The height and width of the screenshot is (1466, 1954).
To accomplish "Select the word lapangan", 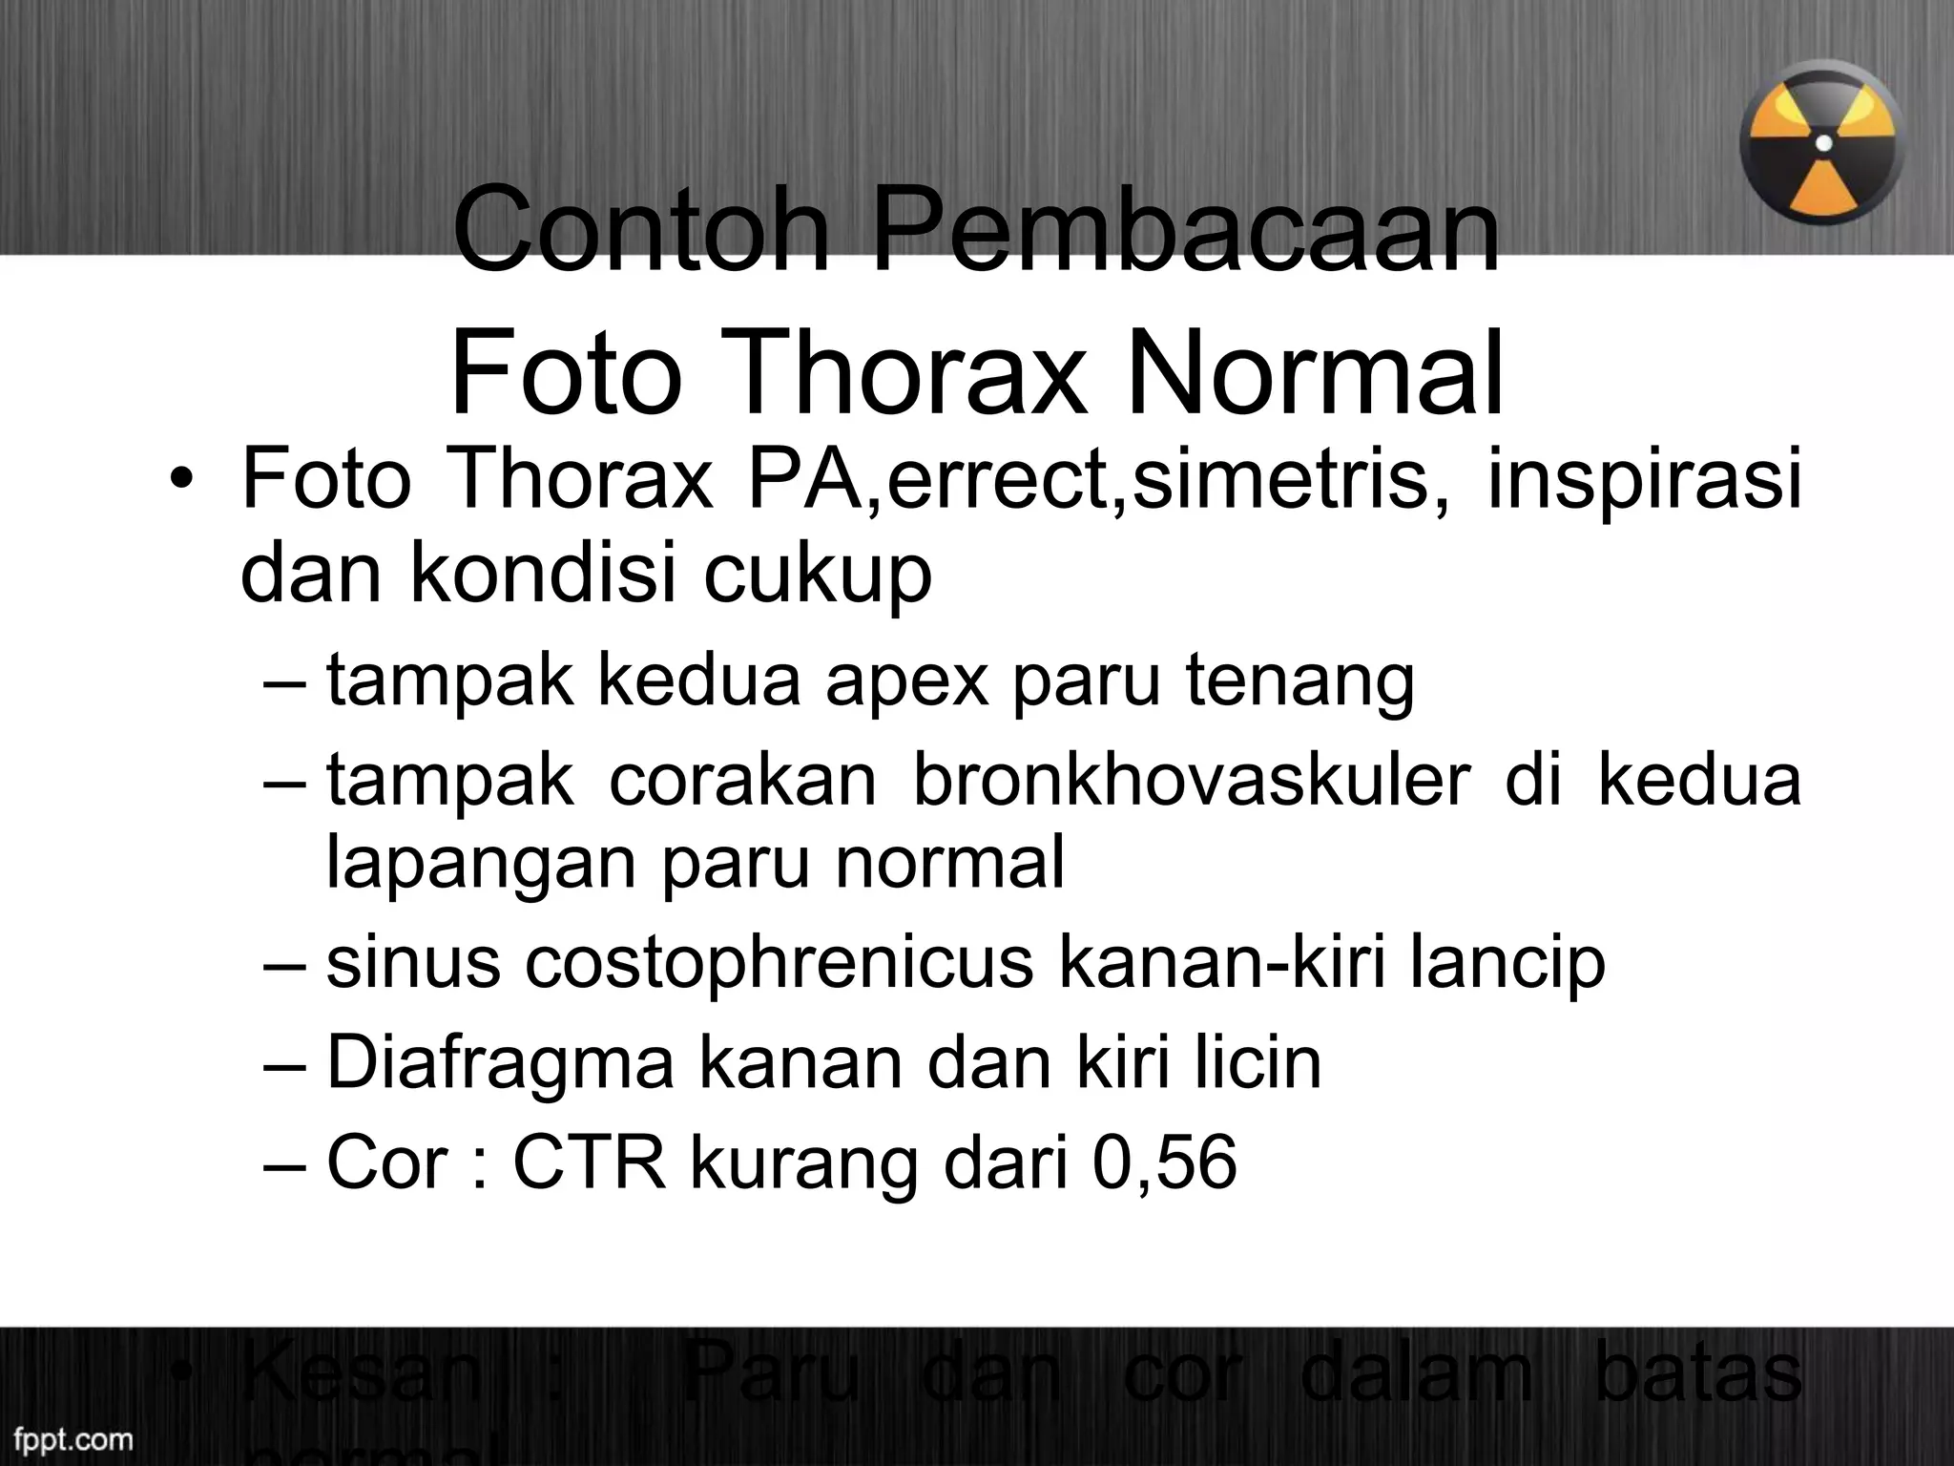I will click(483, 862).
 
